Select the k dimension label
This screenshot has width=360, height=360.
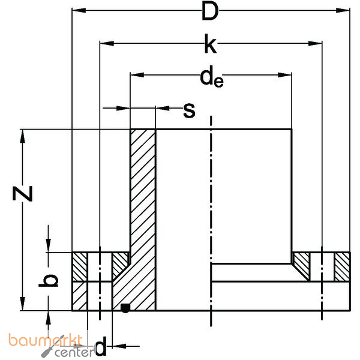click(x=209, y=43)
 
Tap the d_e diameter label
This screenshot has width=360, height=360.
click(x=211, y=77)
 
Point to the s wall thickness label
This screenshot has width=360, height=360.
click(x=189, y=109)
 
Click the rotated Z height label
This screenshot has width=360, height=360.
click(x=22, y=193)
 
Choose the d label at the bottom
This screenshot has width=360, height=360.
click(x=101, y=346)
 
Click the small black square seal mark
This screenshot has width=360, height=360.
click(x=125, y=308)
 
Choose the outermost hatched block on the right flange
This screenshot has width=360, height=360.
click(x=342, y=268)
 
